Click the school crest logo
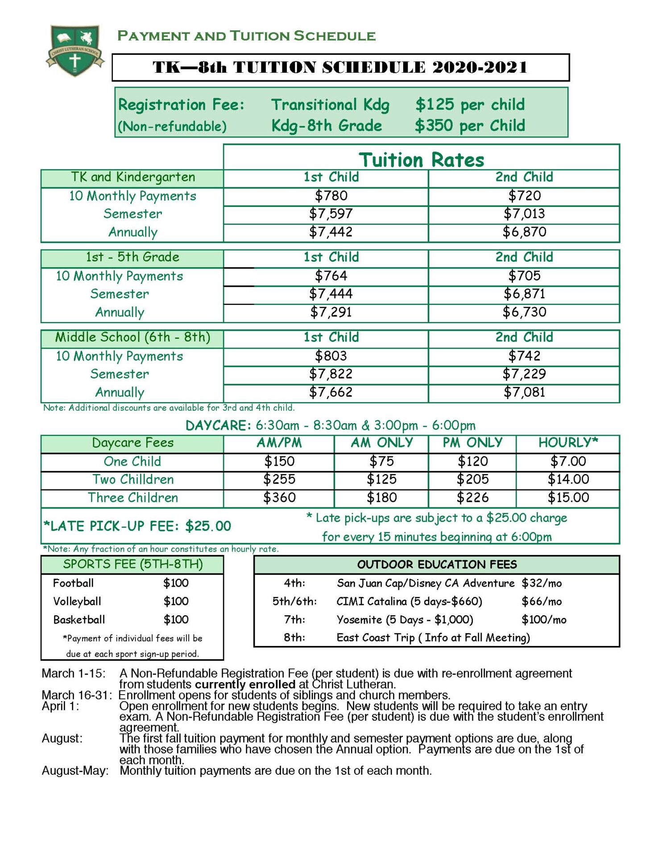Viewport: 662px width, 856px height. tap(75, 50)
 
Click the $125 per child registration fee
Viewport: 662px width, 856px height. tap(470, 105)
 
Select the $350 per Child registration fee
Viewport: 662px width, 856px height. tap(470, 126)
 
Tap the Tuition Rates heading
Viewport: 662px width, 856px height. tap(421, 159)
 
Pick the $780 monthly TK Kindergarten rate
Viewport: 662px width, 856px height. tap(331, 196)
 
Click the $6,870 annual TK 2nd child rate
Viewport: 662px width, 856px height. tap(524, 232)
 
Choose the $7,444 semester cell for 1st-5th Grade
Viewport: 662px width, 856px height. tap(331, 294)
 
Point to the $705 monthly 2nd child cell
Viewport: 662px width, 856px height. tap(524, 276)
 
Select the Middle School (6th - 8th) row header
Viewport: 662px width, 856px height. tap(132, 337)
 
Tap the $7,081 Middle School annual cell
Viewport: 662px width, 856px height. tap(524, 392)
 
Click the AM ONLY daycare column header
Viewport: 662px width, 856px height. tap(381, 443)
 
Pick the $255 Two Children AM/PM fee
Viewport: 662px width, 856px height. tap(279, 479)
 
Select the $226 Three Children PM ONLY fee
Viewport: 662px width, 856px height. tap(472, 498)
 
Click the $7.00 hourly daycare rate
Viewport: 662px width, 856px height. tap(568, 461)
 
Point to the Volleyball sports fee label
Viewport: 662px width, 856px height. tap(77, 601)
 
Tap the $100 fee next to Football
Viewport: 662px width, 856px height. tap(176, 583)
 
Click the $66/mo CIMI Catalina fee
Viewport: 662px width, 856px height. tap(542, 601)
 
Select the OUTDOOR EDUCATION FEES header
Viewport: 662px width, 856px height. tap(437, 565)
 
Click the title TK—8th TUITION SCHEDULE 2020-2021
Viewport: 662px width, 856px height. tap(340, 67)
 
